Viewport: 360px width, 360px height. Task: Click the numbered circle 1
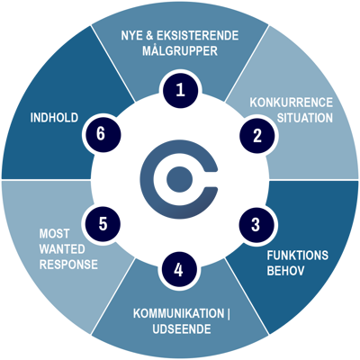(181, 90)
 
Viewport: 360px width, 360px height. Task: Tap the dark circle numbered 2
(257, 136)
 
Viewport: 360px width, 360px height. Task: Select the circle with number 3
(256, 224)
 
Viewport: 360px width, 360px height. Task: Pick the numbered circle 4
(179, 270)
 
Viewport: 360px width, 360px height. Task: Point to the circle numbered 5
(103, 224)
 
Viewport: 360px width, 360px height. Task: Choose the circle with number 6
(102, 134)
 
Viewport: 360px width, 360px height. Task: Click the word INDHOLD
(54, 118)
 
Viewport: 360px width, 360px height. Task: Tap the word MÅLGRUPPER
(180, 50)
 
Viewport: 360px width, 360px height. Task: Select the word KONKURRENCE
(292, 103)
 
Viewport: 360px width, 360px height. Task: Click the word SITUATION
(305, 118)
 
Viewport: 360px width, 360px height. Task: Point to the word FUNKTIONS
(298, 256)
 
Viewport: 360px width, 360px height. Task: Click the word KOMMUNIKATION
(178, 313)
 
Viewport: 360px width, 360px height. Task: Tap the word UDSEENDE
(182, 329)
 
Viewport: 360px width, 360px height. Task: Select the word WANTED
(62, 249)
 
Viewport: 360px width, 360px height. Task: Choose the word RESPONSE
(68, 265)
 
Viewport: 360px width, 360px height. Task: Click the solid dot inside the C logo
(179, 179)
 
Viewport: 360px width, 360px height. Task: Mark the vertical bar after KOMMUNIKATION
(229, 314)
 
